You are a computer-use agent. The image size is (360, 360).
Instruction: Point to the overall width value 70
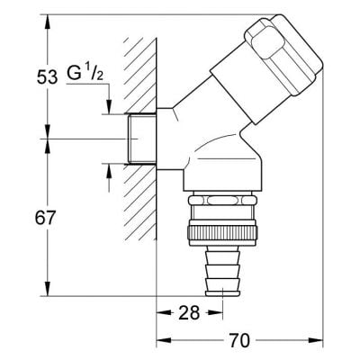[238, 341]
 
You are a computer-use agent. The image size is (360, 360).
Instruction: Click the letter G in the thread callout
[75, 76]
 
